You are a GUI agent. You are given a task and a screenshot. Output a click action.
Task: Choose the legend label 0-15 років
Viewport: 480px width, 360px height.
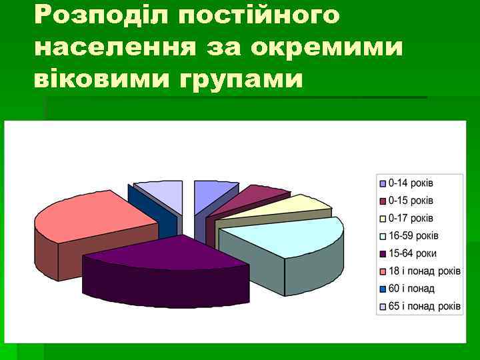pyautogui.click(x=411, y=201)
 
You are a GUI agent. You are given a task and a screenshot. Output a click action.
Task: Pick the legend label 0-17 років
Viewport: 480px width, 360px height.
pyautogui.click(x=411, y=218)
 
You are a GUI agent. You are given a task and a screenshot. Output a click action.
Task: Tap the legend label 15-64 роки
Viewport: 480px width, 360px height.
pyautogui.click(x=413, y=253)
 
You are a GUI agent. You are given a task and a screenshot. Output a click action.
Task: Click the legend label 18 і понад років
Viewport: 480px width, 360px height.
pyautogui.click(x=424, y=271)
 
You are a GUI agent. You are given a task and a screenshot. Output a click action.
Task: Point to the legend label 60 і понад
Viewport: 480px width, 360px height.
pyautogui.click(x=411, y=289)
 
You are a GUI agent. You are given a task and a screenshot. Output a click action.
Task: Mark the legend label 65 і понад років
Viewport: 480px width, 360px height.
pyautogui.click(x=424, y=307)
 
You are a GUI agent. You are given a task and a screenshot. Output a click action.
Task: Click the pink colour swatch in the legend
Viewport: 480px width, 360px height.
pyautogui.click(x=382, y=271)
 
